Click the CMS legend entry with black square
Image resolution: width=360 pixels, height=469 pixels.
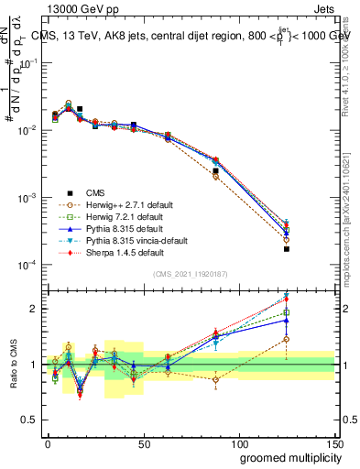coord(95,192)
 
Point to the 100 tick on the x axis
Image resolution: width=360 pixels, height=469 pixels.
coord(238,442)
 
